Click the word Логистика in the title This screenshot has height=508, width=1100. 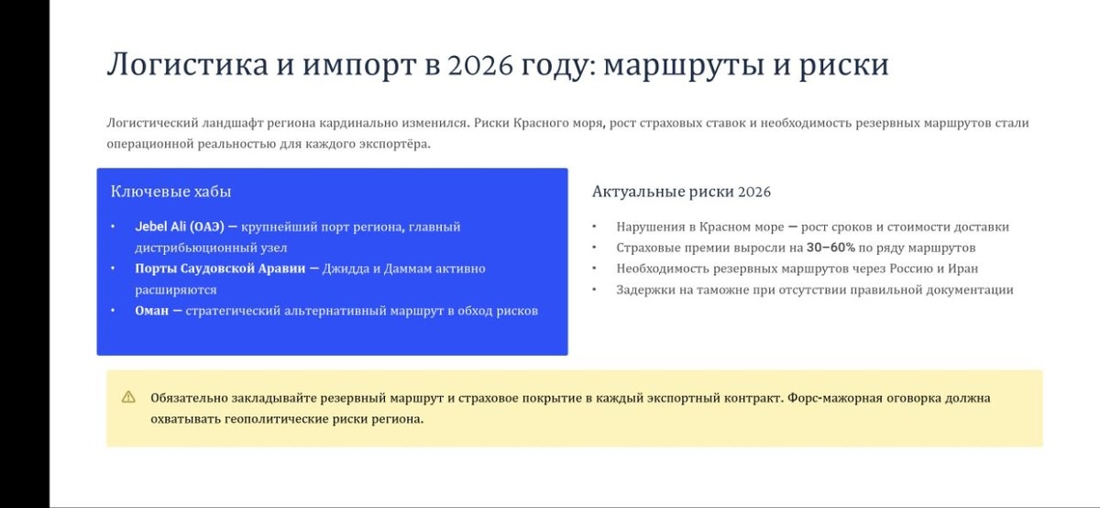[x=188, y=64]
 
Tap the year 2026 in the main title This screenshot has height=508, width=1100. [x=480, y=64]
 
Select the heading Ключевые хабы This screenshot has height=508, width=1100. [x=170, y=191]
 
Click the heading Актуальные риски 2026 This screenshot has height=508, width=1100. [x=681, y=192]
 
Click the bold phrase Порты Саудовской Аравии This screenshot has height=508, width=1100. [x=220, y=269]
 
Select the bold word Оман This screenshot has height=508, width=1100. [x=152, y=311]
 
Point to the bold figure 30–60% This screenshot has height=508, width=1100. [x=830, y=248]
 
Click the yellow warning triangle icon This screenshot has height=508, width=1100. [x=128, y=397]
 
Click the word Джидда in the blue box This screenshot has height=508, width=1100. [x=345, y=270]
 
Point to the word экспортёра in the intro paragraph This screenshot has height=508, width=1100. [x=400, y=145]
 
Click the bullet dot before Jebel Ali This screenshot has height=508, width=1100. [x=113, y=226]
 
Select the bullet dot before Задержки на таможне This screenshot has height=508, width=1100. [x=594, y=290]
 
